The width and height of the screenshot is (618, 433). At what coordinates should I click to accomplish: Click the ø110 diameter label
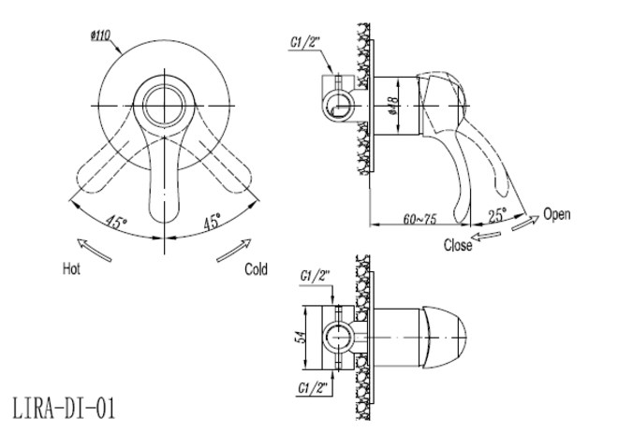tap(100, 36)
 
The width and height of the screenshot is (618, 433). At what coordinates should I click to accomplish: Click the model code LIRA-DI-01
tap(65, 408)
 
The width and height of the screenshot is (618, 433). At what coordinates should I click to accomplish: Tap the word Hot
tap(71, 268)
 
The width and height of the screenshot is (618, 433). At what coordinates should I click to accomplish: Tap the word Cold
tap(256, 269)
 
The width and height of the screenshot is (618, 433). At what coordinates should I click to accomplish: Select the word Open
tap(556, 214)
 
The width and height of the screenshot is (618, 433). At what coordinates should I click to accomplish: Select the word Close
tap(458, 245)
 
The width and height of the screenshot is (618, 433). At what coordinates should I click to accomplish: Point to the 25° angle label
tap(497, 215)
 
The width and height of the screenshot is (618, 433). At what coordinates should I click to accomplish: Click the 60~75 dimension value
tap(419, 219)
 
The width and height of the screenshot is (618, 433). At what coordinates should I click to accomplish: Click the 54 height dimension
tap(301, 338)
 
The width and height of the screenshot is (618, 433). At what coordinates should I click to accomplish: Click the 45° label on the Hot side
tap(116, 222)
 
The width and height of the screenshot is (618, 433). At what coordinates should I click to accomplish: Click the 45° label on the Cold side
tap(212, 222)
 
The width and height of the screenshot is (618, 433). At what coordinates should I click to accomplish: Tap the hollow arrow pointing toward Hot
tap(94, 250)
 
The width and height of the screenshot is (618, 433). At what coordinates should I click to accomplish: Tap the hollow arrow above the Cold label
tap(234, 251)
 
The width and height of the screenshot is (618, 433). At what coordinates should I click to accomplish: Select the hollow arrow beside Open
tap(525, 223)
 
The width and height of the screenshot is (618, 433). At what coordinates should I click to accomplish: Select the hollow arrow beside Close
tap(486, 236)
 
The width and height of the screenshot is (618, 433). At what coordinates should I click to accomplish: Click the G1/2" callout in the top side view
tap(303, 42)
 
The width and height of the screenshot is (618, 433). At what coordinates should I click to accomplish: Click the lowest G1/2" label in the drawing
tap(313, 388)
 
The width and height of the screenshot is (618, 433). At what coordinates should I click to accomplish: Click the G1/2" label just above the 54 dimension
tap(315, 276)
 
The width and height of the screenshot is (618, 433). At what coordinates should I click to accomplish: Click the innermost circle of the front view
tap(164, 106)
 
